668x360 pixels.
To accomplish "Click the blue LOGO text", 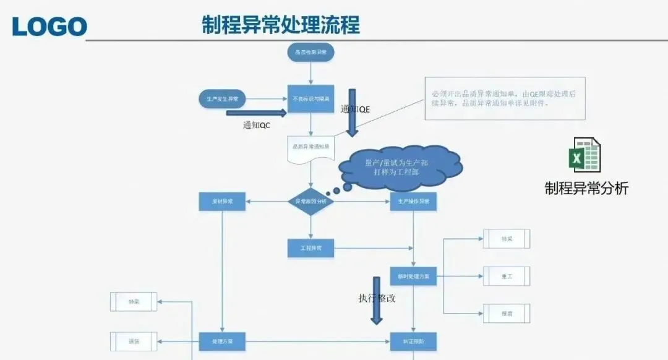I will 49,25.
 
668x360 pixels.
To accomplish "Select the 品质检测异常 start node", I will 310,53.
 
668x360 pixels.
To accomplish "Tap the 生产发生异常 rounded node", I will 223,98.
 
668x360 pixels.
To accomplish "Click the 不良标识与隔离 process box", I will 310,99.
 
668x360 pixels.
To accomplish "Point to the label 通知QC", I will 257,125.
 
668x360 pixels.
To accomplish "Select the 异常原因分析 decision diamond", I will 310,202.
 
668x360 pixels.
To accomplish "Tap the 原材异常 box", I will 223,202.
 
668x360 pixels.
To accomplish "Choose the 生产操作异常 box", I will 413,202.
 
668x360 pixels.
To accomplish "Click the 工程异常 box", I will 310,248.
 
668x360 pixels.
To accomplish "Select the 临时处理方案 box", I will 413,276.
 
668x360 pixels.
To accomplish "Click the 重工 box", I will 507,276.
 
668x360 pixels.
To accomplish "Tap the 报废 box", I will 507,314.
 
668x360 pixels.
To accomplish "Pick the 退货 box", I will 134,341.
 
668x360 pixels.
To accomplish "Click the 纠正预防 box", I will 413,341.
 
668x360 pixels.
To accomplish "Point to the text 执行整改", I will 377,298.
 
